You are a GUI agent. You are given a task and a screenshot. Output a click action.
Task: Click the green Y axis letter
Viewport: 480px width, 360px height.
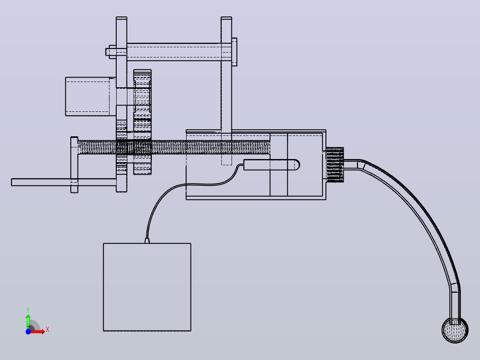(28, 310)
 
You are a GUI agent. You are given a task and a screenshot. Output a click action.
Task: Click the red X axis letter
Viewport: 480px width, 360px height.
(48, 330)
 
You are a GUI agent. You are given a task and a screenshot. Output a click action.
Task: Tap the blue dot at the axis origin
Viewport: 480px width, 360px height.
(28, 331)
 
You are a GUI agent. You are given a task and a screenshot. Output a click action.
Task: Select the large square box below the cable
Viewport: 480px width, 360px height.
(147, 287)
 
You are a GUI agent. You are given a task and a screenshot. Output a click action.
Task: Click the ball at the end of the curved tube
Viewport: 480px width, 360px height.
(455, 330)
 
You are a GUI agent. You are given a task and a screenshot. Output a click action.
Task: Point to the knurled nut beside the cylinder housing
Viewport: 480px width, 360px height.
(335, 165)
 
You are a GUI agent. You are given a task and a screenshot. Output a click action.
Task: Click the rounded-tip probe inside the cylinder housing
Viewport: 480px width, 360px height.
(271, 165)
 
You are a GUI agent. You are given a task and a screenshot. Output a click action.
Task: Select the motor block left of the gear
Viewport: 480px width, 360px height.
(88, 97)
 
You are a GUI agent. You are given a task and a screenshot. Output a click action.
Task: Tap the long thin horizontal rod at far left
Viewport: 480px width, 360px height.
(64, 182)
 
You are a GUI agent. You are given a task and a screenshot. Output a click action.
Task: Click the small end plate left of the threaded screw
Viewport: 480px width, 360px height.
(74, 165)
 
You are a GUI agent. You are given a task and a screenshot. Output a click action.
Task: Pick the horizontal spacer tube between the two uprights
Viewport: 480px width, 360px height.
(174, 52)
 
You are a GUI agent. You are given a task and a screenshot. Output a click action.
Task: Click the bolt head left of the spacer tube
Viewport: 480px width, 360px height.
(111, 52)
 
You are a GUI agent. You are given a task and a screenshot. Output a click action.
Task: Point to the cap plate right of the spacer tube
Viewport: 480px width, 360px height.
(234, 52)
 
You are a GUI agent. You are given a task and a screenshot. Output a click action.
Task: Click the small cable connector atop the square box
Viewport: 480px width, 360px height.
(147, 241)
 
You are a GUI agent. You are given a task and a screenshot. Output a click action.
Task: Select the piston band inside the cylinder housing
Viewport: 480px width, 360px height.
(279, 165)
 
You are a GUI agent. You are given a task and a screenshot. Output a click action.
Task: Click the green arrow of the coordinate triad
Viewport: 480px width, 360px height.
(28, 321)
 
